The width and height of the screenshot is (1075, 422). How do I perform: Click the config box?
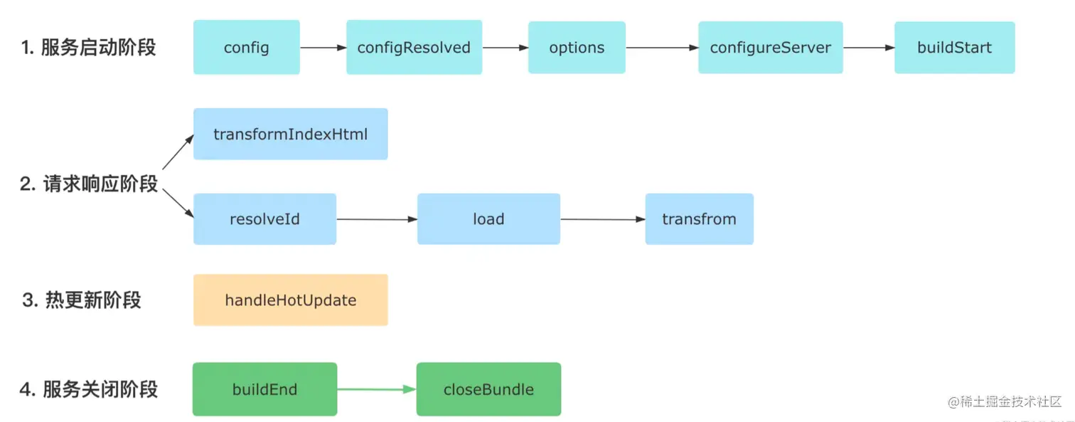pos(246,48)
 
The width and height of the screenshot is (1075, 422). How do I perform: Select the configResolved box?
pos(414,48)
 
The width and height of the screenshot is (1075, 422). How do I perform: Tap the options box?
pos(577,48)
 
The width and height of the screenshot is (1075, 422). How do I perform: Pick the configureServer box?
pos(770,48)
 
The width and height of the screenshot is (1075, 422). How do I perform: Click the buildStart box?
pos(954,48)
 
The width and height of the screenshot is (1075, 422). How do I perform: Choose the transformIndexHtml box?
pos(290,134)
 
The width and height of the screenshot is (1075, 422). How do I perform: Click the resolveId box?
pos(264,219)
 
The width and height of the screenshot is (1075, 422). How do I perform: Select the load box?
pos(488,219)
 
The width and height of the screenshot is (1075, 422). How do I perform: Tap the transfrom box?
pos(699,219)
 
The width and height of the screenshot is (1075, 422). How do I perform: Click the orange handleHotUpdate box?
pos(290,300)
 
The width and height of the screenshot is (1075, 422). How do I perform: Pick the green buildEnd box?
pos(264,389)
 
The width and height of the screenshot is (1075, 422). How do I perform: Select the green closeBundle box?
pos(488,389)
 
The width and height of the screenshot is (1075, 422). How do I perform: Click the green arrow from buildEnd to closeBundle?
pos(376,389)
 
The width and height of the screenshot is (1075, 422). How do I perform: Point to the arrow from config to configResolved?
pos(323,48)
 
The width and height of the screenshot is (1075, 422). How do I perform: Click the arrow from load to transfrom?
pos(602,219)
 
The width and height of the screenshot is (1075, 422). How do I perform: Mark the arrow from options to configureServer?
pos(661,48)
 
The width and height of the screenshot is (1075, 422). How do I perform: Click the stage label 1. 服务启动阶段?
pos(88,48)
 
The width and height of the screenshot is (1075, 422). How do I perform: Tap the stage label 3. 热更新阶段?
pos(81,300)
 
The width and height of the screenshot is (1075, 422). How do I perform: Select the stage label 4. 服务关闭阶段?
pos(88,390)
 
